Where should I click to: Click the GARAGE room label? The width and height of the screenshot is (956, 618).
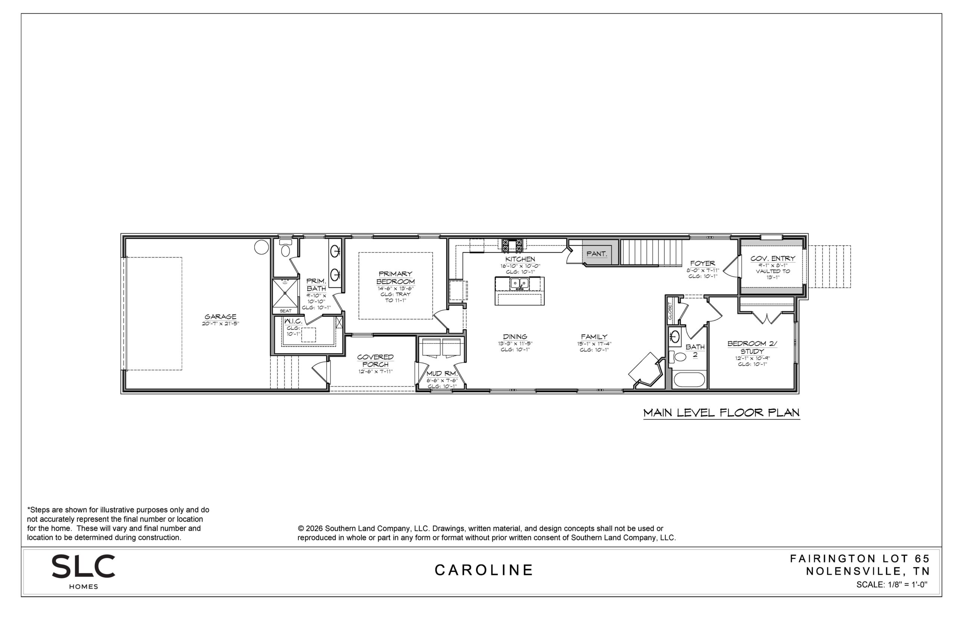pos(220,316)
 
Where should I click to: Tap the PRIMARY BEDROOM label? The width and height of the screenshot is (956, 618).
pos(395,278)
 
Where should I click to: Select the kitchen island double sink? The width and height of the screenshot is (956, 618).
pos(519,283)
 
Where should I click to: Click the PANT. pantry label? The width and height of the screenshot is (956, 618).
pos(596,254)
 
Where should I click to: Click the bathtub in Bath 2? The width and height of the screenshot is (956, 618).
pos(689,380)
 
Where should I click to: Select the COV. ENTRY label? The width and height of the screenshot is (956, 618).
pos(773,259)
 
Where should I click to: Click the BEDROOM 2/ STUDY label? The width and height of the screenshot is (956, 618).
pos(752,347)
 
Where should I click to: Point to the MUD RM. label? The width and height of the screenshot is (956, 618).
pos(442,374)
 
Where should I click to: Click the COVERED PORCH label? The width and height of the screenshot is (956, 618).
pos(375,360)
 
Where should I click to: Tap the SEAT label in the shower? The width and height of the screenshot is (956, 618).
pos(285,310)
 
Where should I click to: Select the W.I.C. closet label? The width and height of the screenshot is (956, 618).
pos(293,321)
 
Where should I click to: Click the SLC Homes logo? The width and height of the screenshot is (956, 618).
pos(84,571)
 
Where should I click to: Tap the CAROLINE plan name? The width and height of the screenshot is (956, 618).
pos(484,570)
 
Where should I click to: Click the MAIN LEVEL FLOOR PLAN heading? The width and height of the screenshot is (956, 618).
pos(721,412)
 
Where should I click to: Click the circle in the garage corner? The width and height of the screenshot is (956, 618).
pos(261,247)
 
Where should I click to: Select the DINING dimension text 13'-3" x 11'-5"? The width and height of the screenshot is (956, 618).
pos(515,343)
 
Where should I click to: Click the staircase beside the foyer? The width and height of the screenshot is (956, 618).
pos(651,252)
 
